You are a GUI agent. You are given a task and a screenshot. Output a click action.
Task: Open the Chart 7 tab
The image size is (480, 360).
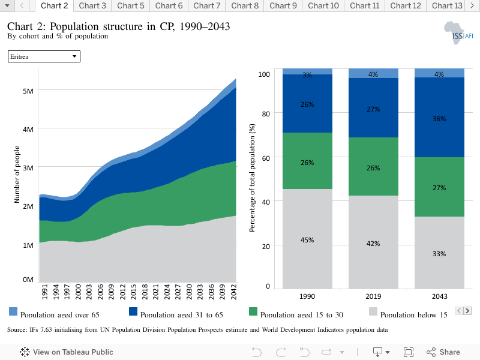click(x=206, y=6)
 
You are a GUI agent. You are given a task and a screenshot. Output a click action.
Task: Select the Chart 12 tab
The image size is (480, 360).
click(x=406, y=6)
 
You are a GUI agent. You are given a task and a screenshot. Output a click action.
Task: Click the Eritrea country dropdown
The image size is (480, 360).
click(x=44, y=56)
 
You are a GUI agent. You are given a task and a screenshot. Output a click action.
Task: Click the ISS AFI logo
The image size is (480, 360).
click(x=458, y=33)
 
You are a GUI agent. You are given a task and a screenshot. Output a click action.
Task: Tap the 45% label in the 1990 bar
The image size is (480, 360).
click(x=307, y=240)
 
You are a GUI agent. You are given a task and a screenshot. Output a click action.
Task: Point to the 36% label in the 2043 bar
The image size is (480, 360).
click(x=439, y=119)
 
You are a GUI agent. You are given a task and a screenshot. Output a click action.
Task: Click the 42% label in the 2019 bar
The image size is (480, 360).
click(x=373, y=244)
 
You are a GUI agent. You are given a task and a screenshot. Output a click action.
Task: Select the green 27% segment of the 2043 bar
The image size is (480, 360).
click(x=439, y=187)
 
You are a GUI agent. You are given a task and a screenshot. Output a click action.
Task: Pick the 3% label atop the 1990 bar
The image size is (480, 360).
click(x=307, y=74)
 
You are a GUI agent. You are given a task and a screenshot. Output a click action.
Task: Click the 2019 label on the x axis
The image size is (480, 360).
click(x=373, y=296)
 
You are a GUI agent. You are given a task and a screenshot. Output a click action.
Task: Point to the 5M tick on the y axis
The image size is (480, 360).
click(x=28, y=91)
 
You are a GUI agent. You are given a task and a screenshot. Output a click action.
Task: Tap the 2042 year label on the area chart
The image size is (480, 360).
click(x=233, y=292)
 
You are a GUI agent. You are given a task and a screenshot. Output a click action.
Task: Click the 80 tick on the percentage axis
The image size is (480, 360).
click(x=266, y=114)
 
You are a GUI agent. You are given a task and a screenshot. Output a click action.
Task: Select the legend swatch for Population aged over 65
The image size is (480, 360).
click(x=13, y=311)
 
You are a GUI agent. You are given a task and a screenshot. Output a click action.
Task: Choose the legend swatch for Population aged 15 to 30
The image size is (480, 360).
click(x=253, y=311)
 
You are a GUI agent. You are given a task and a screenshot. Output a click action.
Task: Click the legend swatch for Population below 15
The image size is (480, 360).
click(x=373, y=311)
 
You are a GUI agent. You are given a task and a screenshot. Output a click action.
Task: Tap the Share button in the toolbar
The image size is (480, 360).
click(x=443, y=352)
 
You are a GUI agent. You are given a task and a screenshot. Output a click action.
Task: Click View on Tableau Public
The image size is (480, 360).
click(x=67, y=352)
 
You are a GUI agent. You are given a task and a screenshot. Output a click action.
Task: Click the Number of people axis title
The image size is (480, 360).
click(x=17, y=174)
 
